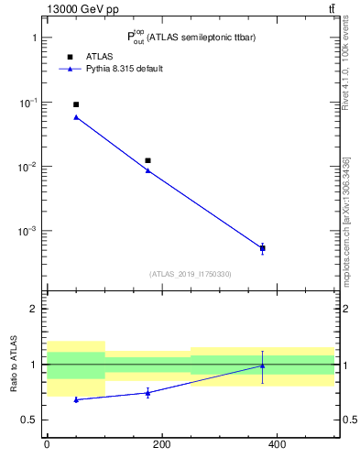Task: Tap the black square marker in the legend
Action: tap(70, 56)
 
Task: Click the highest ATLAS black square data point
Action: tap(76, 104)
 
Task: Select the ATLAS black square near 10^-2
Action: tap(147, 160)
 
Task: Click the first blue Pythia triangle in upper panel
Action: tap(76, 117)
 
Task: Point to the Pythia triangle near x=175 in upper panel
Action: tap(147, 170)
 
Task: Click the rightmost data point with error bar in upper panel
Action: tap(263, 248)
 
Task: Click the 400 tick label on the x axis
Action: tap(277, 444)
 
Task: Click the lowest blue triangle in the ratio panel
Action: tap(76, 399)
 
